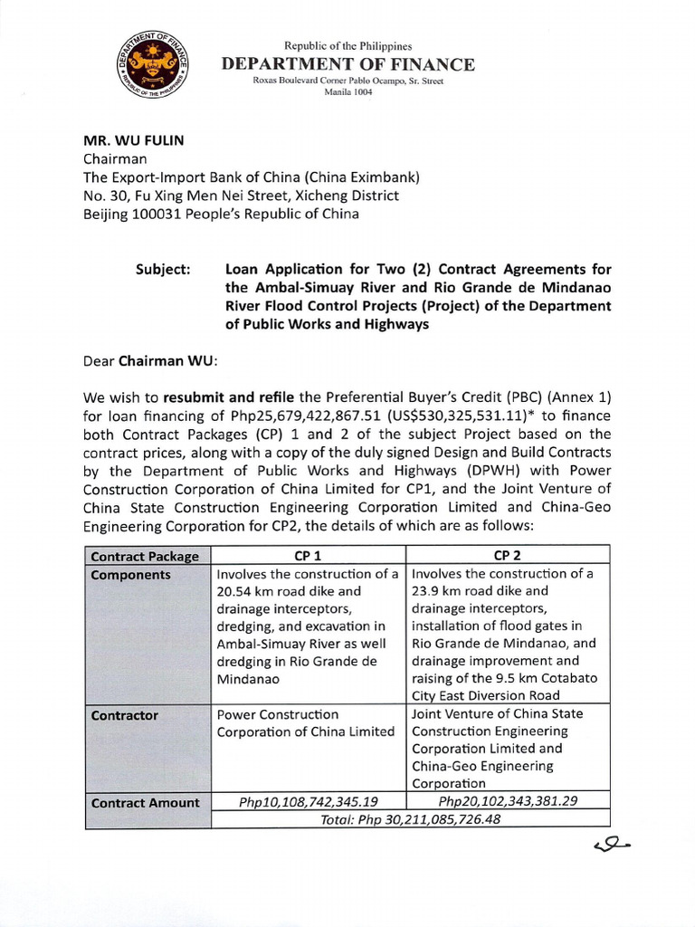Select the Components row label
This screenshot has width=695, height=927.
pos(130,574)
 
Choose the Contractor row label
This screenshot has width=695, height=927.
pos(125,715)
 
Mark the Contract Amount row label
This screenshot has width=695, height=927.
pos(145,802)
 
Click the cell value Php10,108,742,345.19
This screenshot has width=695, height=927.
pos(308,802)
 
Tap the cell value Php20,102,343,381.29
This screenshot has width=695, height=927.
pos(507,802)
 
